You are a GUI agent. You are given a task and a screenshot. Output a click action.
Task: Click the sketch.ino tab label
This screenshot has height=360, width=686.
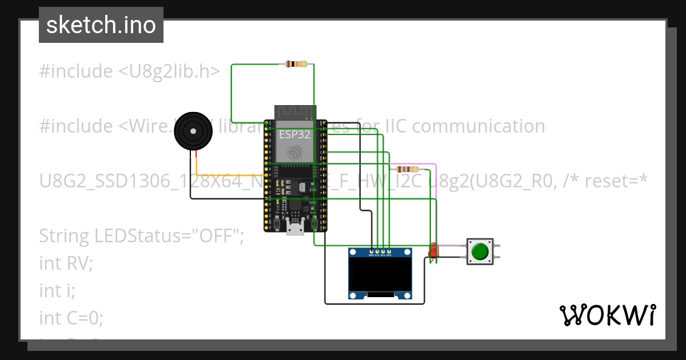click(x=101, y=25)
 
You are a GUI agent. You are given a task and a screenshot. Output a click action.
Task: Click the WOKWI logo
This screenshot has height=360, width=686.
click(x=607, y=315)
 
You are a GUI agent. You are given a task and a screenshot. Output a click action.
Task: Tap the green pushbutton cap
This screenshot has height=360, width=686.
click(x=480, y=251)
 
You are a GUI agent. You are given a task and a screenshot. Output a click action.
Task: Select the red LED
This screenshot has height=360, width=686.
click(x=433, y=250)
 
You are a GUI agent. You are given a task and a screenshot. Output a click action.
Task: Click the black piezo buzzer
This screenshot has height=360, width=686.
click(x=194, y=131)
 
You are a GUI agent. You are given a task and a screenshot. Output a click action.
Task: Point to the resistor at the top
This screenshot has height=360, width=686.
click(x=295, y=64)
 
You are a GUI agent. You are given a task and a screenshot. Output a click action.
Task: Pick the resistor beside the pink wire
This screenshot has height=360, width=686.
click(x=407, y=169)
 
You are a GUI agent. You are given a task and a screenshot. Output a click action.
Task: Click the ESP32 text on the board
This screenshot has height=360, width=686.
click(x=295, y=135)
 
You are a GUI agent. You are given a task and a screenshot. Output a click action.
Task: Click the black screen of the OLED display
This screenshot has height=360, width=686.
click(x=381, y=274)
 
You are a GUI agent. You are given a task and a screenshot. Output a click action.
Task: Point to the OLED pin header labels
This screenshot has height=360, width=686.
click(x=380, y=255)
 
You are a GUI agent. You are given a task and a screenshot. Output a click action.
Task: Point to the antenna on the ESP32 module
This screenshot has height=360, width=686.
click(x=295, y=112)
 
